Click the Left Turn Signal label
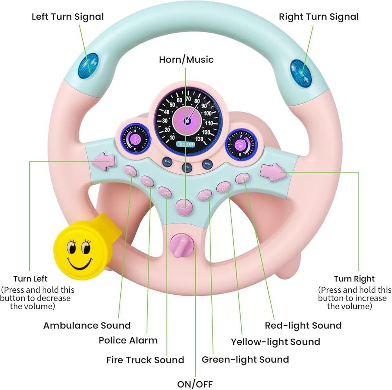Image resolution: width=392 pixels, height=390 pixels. [x=67, y=16]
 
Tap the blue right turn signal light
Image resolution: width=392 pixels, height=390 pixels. [x=301, y=73]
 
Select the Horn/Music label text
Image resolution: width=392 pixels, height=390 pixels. [x=186, y=60]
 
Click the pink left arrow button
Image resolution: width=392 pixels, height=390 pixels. [x=103, y=161]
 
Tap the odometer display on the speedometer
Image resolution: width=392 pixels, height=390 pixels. [x=185, y=144]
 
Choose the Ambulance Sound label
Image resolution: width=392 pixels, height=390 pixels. [x=87, y=325]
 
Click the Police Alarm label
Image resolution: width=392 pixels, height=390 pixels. [x=128, y=340]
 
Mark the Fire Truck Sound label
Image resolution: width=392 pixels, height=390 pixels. [x=145, y=360]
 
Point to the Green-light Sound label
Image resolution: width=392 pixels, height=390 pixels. [x=245, y=359]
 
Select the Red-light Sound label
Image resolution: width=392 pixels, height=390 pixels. [x=303, y=325]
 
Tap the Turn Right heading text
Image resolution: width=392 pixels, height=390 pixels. [x=354, y=279]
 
